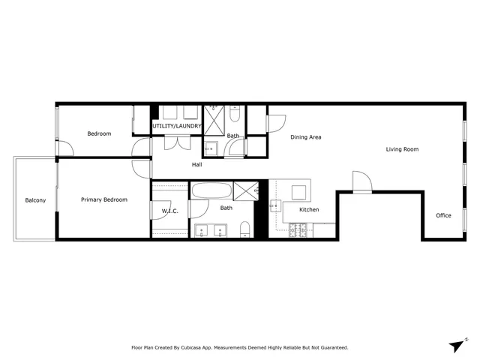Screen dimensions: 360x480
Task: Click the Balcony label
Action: [x=35, y=200]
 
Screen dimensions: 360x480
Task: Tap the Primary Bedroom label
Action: [x=104, y=199]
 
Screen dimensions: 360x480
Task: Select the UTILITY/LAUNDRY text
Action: [x=177, y=126]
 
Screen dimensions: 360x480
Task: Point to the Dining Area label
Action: [x=306, y=137]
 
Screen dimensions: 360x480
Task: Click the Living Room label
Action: [x=402, y=149]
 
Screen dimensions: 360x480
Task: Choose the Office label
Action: [x=443, y=216]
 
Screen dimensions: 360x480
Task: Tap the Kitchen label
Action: [x=309, y=209]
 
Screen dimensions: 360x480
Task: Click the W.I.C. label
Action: [x=169, y=211]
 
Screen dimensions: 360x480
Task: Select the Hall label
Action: [x=197, y=164]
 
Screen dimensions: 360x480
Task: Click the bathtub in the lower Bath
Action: [x=211, y=190]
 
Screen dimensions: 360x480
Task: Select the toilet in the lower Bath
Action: [x=245, y=229]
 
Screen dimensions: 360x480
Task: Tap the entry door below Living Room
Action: [x=361, y=183]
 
